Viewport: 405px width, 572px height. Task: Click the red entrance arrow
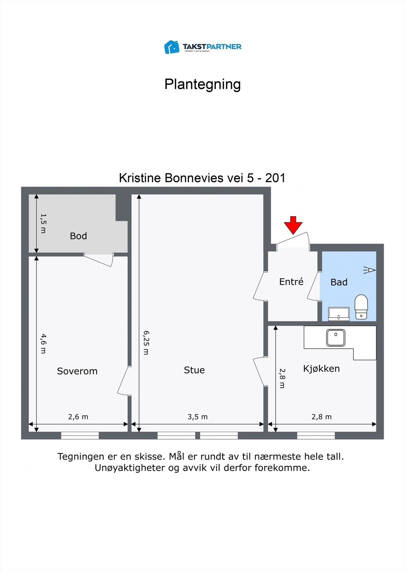293,225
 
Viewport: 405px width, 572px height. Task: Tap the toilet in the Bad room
361,306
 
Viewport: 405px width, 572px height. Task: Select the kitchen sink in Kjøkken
336,337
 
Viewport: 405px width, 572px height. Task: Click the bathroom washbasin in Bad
339,314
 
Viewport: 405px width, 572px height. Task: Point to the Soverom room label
77,371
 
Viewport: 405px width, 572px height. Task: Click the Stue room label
194,370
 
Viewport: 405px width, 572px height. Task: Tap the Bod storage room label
78,236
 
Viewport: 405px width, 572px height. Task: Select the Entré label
291,282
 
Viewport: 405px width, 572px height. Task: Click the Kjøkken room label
321,369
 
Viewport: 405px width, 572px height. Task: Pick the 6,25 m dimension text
146,342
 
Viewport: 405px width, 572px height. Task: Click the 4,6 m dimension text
43,344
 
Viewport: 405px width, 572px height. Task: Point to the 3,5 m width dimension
197,417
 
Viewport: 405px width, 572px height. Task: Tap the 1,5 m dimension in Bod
43,223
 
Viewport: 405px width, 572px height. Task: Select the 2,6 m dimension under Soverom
78,417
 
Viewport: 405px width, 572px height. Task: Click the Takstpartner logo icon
172,47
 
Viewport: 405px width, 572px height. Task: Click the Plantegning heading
202,84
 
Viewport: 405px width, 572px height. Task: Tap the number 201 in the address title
275,178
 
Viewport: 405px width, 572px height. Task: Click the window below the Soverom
80,435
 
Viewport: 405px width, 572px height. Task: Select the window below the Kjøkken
316,435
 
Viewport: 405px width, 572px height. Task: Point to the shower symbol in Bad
370,270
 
